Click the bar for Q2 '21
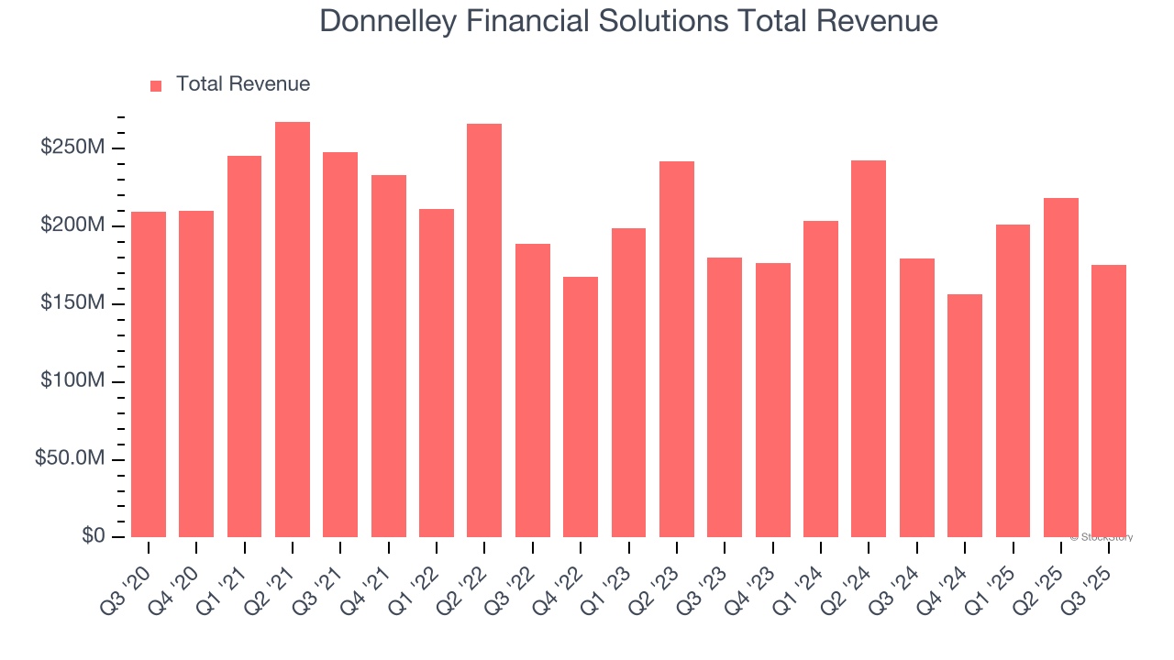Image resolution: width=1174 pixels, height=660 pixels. click(x=293, y=329)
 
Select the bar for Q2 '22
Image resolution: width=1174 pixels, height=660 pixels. click(x=484, y=330)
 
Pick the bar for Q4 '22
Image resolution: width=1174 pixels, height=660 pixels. click(x=581, y=406)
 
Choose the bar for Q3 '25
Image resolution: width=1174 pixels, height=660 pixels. click(x=1109, y=401)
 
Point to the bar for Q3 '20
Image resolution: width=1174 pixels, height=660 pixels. click(x=149, y=374)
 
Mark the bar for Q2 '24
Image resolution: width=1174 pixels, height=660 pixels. click(x=869, y=348)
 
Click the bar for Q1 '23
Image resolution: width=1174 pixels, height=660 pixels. click(x=628, y=382)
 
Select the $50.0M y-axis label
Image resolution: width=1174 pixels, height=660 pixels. click(x=70, y=458)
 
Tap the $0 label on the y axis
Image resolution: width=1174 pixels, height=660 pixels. click(x=94, y=535)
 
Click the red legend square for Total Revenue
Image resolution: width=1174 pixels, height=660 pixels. click(x=156, y=85)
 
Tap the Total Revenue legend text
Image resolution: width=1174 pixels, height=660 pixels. click(x=243, y=84)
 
